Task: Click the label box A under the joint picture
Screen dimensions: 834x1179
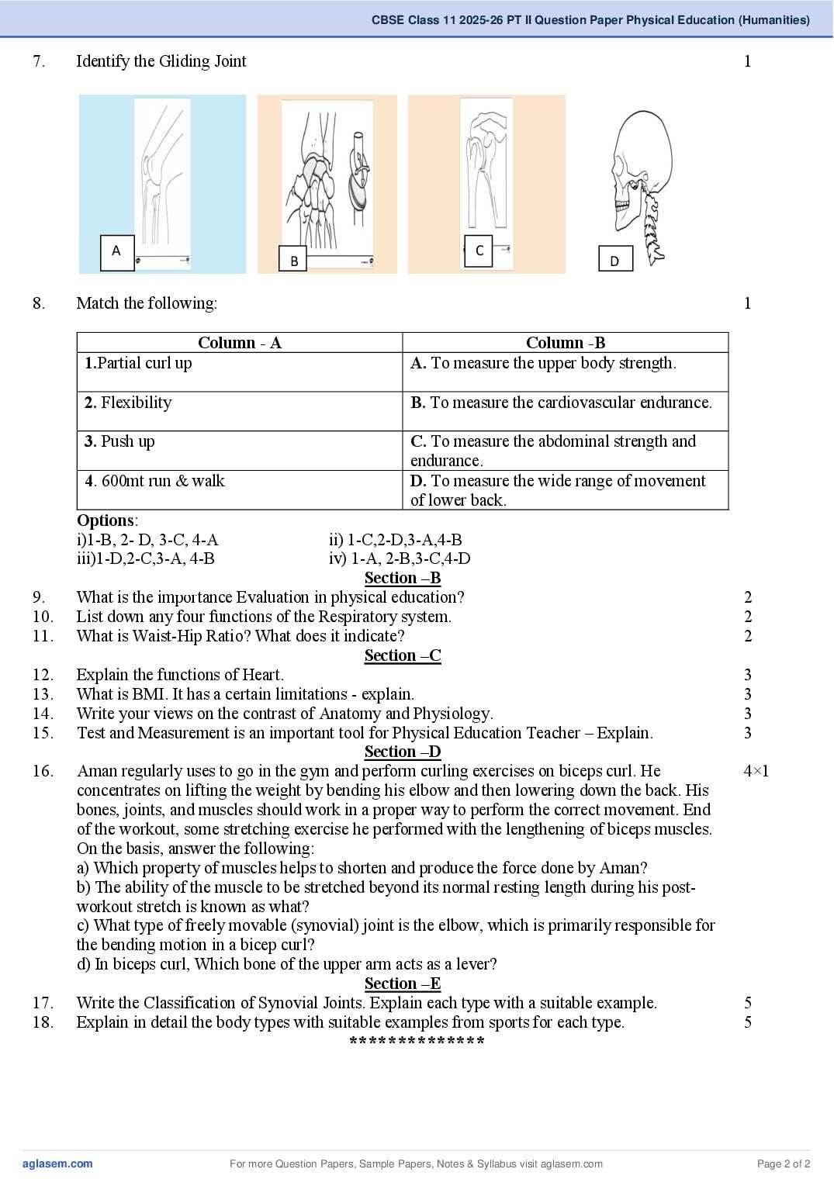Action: point(117,253)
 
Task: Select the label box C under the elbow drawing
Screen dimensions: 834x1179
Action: point(479,251)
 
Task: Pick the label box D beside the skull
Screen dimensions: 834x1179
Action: point(615,258)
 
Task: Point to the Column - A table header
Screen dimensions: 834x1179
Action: point(240,343)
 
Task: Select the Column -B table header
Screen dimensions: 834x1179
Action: point(566,343)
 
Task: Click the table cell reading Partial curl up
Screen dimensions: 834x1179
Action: point(240,372)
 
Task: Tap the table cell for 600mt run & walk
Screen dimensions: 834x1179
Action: point(240,489)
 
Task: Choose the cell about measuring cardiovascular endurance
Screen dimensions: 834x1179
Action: point(566,410)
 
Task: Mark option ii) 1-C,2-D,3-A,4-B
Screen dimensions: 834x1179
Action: point(396,540)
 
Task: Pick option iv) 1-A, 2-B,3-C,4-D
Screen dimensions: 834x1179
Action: point(400,558)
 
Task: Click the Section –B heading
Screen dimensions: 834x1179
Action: point(403,578)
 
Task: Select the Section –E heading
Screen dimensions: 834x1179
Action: point(403,984)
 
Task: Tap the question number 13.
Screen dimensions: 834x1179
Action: point(43,693)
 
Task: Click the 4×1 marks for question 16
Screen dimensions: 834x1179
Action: point(756,771)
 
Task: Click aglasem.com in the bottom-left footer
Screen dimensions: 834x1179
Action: point(57,1163)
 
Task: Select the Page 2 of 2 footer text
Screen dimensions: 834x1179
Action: point(784,1163)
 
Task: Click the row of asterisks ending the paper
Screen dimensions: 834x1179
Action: point(417,1041)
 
